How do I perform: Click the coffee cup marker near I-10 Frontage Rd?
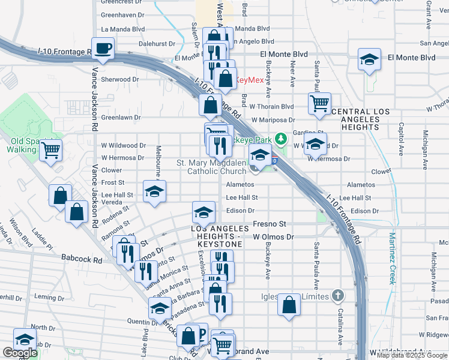[x=103, y=49]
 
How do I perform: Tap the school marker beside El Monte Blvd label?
[x=369, y=59]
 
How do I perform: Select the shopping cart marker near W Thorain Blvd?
[x=320, y=103]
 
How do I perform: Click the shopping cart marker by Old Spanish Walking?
[x=51, y=149]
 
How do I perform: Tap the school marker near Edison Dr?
[x=203, y=212]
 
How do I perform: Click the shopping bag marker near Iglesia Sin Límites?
[x=289, y=305]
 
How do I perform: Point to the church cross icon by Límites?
[x=339, y=295]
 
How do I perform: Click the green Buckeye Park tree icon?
[x=280, y=139]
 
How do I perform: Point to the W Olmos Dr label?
[x=273, y=237]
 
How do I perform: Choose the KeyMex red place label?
[x=247, y=79]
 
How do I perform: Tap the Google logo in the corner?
[x=20, y=353]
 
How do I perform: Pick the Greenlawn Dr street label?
[x=120, y=118]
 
